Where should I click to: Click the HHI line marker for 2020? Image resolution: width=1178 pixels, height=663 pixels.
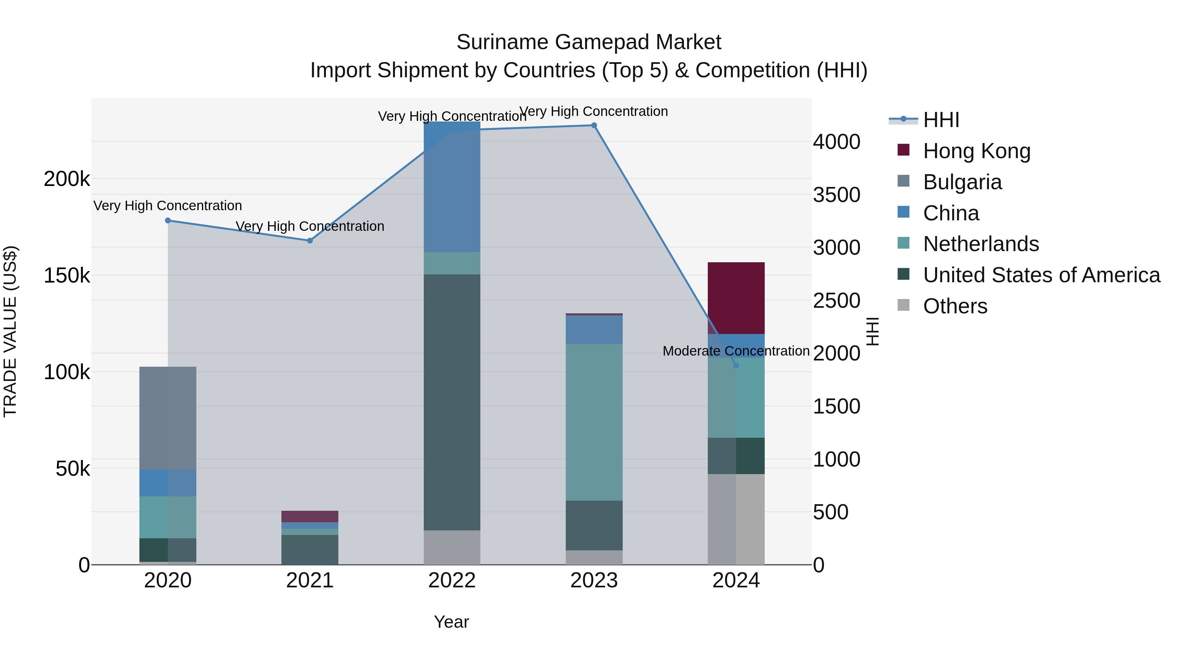point(168,221)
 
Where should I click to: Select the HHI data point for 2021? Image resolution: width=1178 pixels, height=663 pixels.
point(310,241)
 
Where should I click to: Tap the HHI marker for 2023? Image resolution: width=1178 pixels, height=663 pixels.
point(594,125)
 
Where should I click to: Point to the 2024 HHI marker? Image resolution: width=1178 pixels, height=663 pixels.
point(736,366)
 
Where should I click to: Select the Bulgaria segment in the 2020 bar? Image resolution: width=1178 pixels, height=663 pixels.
point(168,418)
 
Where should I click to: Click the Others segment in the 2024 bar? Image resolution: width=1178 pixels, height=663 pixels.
point(736,519)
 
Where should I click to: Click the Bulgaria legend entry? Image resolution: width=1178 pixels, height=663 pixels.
point(962,182)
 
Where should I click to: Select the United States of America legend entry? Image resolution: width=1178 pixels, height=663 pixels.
point(1041,275)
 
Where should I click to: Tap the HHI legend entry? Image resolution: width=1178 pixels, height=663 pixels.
point(941,120)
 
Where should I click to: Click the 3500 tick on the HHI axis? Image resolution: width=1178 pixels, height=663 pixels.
point(836,195)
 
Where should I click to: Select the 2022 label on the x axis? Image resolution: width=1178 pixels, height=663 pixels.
point(452,580)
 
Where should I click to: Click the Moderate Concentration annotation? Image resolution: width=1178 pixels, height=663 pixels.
point(736,351)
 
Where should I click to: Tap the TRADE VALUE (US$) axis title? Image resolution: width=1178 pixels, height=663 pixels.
point(10,331)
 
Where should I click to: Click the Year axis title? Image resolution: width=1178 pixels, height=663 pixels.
point(451,622)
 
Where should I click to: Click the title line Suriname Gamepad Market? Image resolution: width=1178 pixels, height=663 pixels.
point(589,42)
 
